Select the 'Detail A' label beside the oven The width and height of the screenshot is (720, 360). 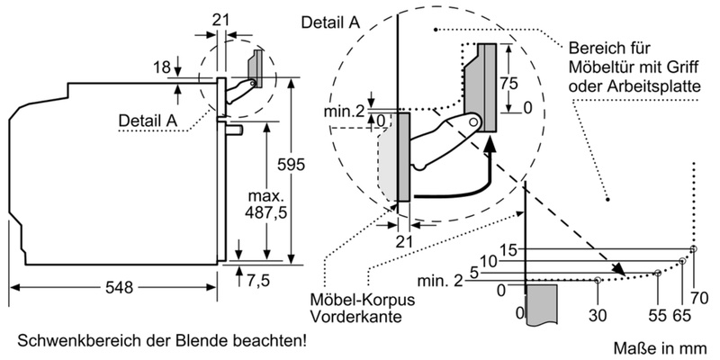(x=148, y=119)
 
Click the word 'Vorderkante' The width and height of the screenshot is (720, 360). (x=346, y=317)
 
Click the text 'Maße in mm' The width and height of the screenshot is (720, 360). (x=663, y=346)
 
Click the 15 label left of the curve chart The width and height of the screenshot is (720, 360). (x=508, y=249)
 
